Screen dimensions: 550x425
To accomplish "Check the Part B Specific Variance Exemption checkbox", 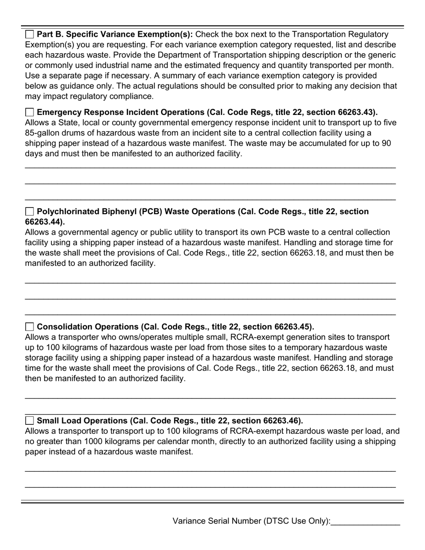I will point(30,34).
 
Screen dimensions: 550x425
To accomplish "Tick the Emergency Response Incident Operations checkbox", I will point(30,112).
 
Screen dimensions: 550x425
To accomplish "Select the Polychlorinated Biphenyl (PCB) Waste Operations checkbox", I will point(30,212).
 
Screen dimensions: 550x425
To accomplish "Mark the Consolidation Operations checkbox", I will point(30,327).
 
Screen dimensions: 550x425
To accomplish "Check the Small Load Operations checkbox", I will point(30,421).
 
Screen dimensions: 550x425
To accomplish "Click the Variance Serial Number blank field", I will point(365,521).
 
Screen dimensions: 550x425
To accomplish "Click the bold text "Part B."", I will point(48,34).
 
